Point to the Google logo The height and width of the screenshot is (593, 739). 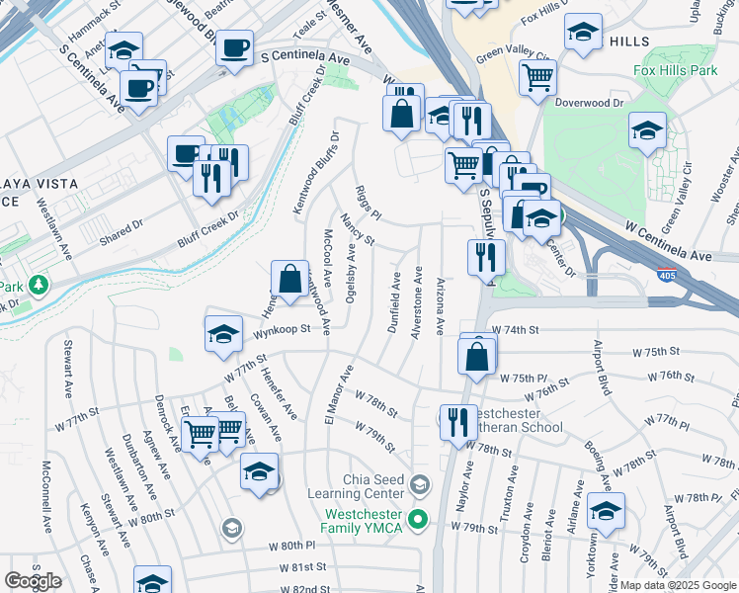[x=33, y=581]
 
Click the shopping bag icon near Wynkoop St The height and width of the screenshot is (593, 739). [x=289, y=281]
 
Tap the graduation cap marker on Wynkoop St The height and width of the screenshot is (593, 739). [x=224, y=335]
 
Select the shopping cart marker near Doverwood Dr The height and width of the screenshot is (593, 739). [x=536, y=77]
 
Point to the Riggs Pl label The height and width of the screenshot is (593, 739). [x=368, y=202]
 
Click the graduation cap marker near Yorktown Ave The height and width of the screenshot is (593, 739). [x=606, y=511]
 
